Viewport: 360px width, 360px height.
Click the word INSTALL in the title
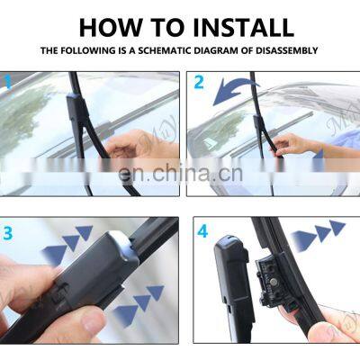[243, 28]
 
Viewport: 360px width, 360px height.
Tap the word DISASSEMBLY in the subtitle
[287, 50]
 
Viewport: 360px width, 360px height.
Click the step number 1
[8, 82]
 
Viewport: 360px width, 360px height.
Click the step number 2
[199, 82]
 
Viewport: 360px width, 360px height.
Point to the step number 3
[7, 233]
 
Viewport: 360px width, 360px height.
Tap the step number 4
[202, 231]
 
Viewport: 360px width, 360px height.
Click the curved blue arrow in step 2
[234, 90]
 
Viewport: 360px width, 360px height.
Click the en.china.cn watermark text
[180, 174]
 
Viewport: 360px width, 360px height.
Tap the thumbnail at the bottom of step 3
[93, 321]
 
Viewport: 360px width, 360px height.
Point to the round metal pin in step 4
[273, 282]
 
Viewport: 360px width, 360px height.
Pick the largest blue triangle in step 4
[303, 240]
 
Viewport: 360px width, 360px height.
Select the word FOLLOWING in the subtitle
[87, 50]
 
